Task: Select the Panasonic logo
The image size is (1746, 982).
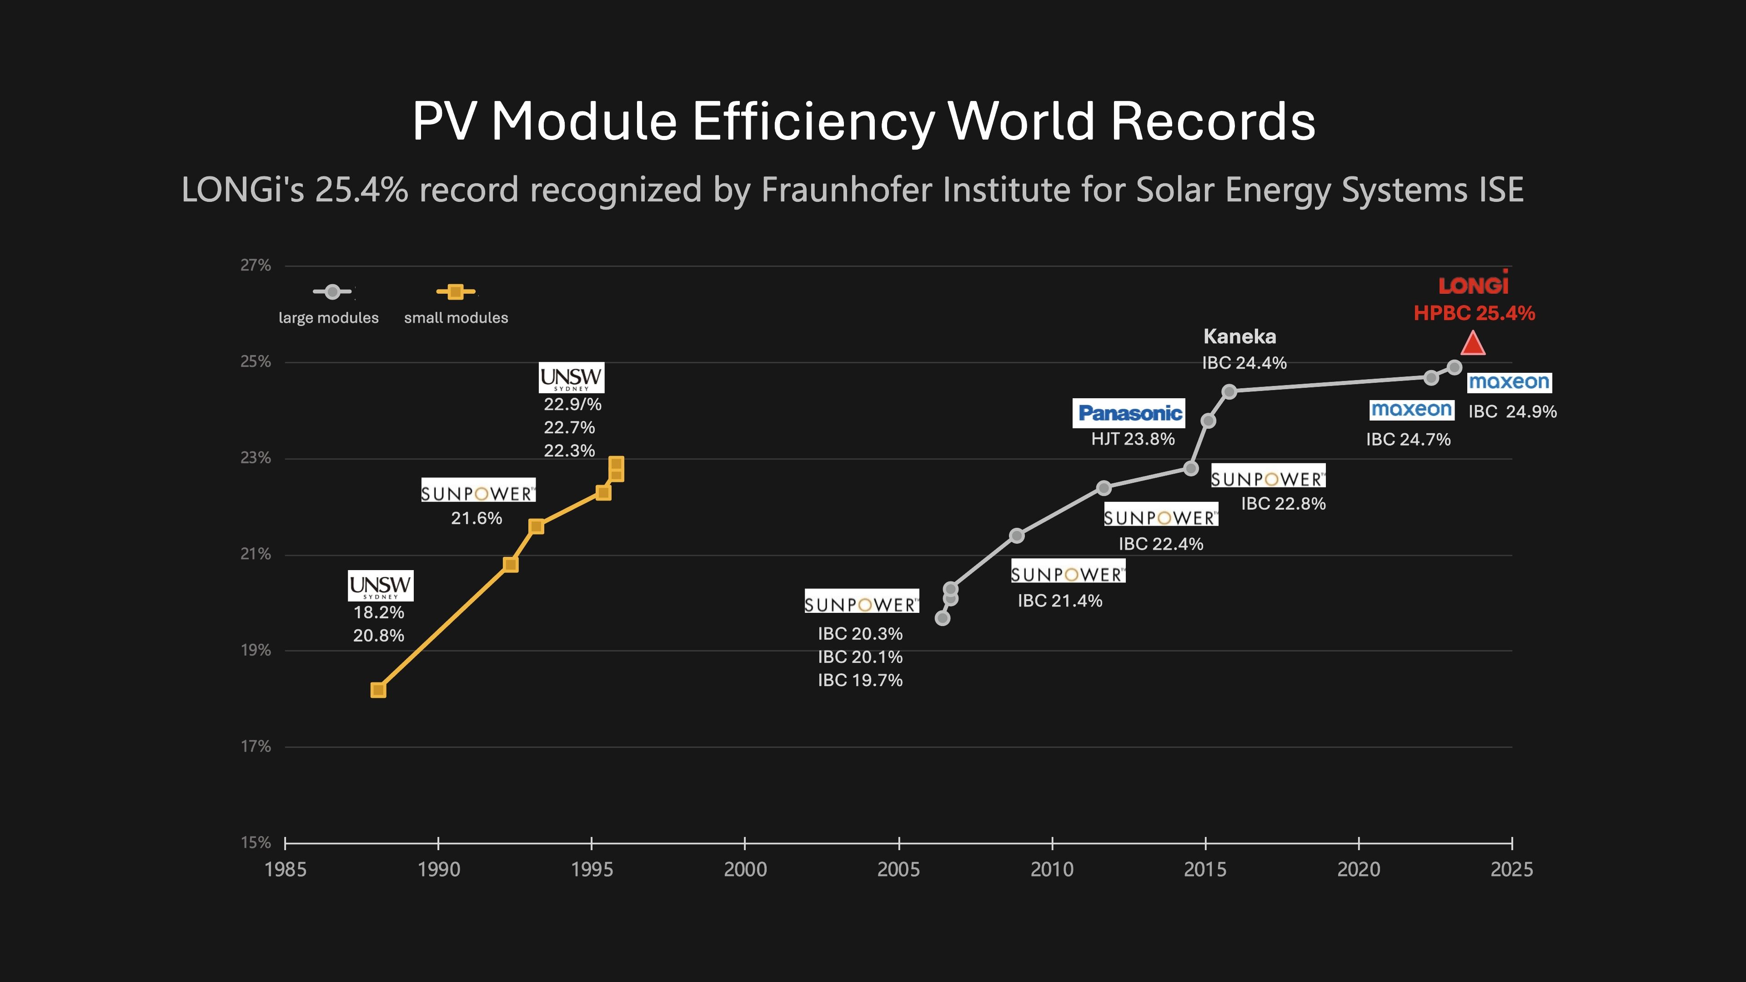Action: click(1129, 413)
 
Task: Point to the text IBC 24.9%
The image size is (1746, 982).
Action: click(1512, 411)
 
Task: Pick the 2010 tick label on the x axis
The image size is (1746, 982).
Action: click(1052, 870)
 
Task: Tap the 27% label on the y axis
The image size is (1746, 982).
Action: click(256, 265)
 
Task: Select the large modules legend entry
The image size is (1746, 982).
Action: click(329, 317)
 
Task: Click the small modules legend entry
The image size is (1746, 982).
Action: click(456, 317)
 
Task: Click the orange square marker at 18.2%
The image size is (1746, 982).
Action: click(378, 690)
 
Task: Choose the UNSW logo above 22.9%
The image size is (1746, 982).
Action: click(572, 377)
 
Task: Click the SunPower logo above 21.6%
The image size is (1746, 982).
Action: click(478, 491)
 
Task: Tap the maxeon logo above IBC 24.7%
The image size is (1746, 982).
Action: click(1412, 409)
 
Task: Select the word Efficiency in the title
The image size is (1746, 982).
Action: click(813, 121)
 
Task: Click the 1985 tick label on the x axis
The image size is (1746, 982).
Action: click(286, 870)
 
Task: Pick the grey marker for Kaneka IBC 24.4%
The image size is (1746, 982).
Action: click(1229, 391)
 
